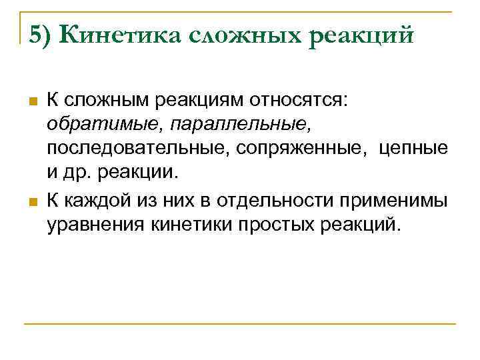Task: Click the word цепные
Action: click(x=413, y=147)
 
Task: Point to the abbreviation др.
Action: click(x=79, y=171)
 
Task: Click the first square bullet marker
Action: click(x=31, y=102)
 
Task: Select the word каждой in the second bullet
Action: click(x=95, y=200)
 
